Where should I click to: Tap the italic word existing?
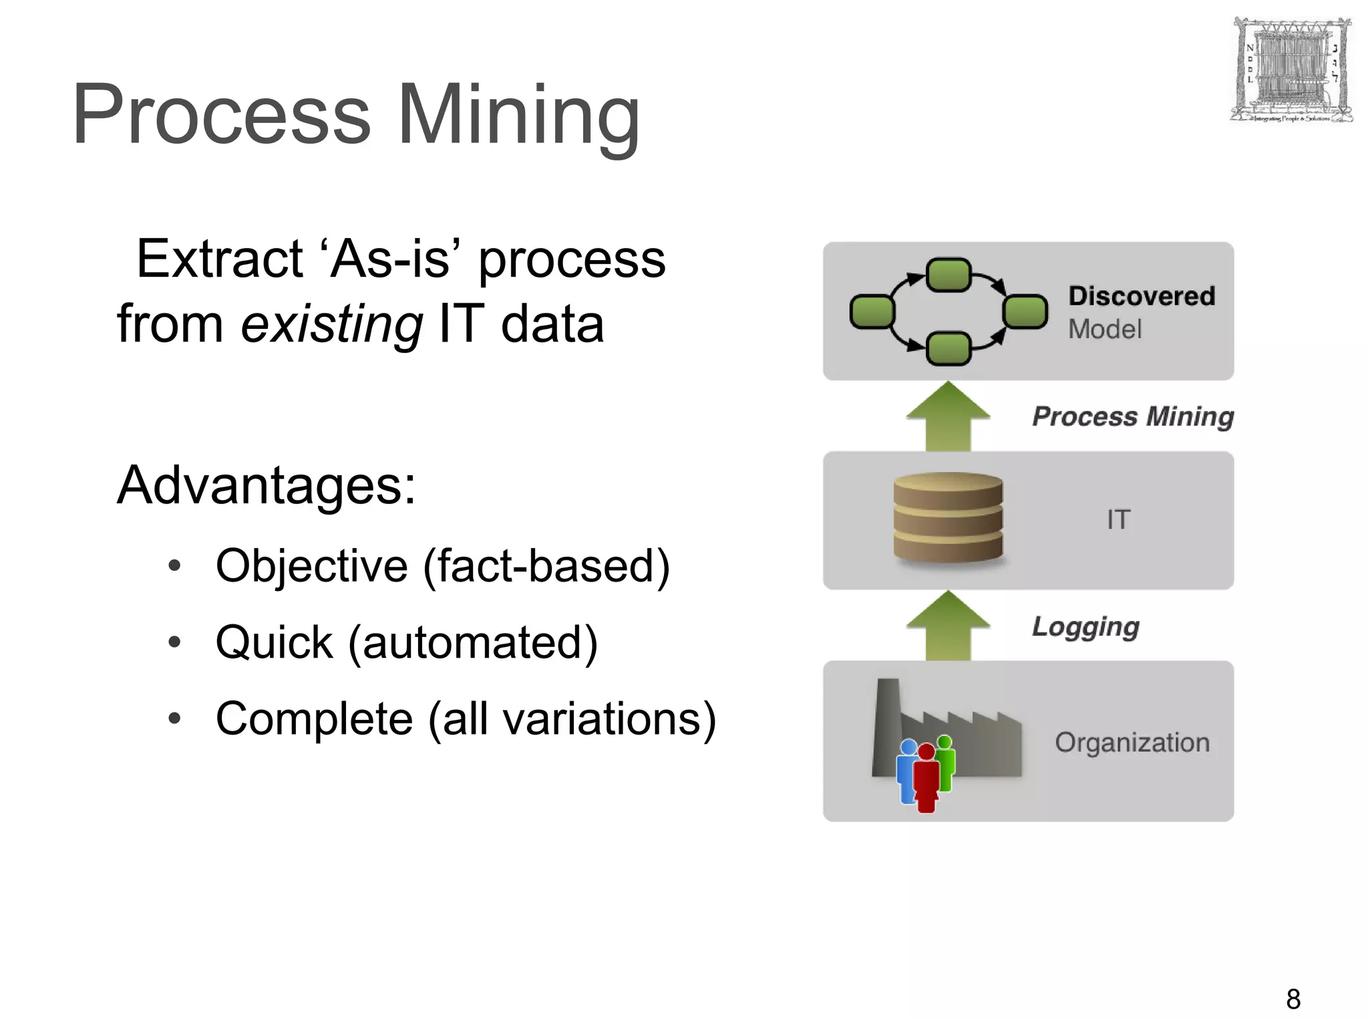coord(331,324)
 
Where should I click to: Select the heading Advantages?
coord(266,485)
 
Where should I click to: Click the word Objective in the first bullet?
coord(311,567)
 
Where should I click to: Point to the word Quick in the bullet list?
coord(274,643)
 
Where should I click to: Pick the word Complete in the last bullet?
coord(314,719)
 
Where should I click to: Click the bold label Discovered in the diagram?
coord(1141,296)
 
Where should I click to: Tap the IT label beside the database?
coord(1118,520)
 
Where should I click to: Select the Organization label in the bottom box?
coord(1132,743)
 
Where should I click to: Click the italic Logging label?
coord(1085,627)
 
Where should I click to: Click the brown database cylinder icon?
coord(948,517)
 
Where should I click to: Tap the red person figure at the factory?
coord(926,779)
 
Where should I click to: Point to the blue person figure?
coord(906,769)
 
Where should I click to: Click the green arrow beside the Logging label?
coord(948,626)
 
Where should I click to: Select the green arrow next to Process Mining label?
coord(948,416)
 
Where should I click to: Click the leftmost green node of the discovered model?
coord(872,311)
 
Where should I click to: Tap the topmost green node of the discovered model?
coord(949,275)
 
